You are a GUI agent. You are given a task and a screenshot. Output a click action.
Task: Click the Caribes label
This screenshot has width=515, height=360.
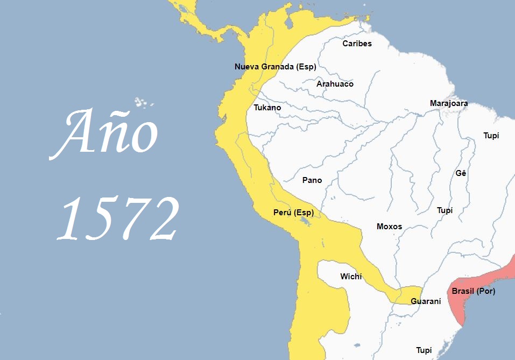(x=357, y=44)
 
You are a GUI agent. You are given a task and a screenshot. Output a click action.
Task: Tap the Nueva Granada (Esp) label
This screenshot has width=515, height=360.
(x=275, y=67)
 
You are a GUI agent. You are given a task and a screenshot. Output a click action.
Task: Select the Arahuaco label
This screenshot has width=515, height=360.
(x=335, y=84)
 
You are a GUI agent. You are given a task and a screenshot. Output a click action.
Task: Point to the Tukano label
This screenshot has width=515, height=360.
(x=267, y=108)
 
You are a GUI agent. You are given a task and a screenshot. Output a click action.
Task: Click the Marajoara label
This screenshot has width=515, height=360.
(x=448, y=103)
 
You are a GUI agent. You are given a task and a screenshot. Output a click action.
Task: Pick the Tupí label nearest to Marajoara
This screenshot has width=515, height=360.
(x=491, y=136)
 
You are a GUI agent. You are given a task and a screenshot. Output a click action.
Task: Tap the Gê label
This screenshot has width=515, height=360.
(x=461, y=173)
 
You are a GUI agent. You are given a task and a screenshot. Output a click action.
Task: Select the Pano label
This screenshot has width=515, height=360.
(x=312, y=180)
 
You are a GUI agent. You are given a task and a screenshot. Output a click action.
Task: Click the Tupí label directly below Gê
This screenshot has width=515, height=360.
(x=445, y=210)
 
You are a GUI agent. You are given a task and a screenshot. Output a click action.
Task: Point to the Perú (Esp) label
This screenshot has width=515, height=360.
(x=293, y=213)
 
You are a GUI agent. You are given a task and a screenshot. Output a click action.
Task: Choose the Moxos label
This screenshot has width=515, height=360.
(x=389, y=227)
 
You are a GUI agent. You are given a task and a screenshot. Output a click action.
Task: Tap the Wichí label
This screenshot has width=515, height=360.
(x=351, y=277)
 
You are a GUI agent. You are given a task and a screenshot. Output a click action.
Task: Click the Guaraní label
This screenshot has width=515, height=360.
(x=426, y=301)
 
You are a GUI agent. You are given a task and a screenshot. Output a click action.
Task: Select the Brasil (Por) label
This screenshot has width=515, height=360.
(x=473, y=291)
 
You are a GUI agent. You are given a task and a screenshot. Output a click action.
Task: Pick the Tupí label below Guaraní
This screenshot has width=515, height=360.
(x=424, y=350)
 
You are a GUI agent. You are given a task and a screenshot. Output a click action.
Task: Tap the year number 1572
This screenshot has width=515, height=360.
(x=118, y=218)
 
